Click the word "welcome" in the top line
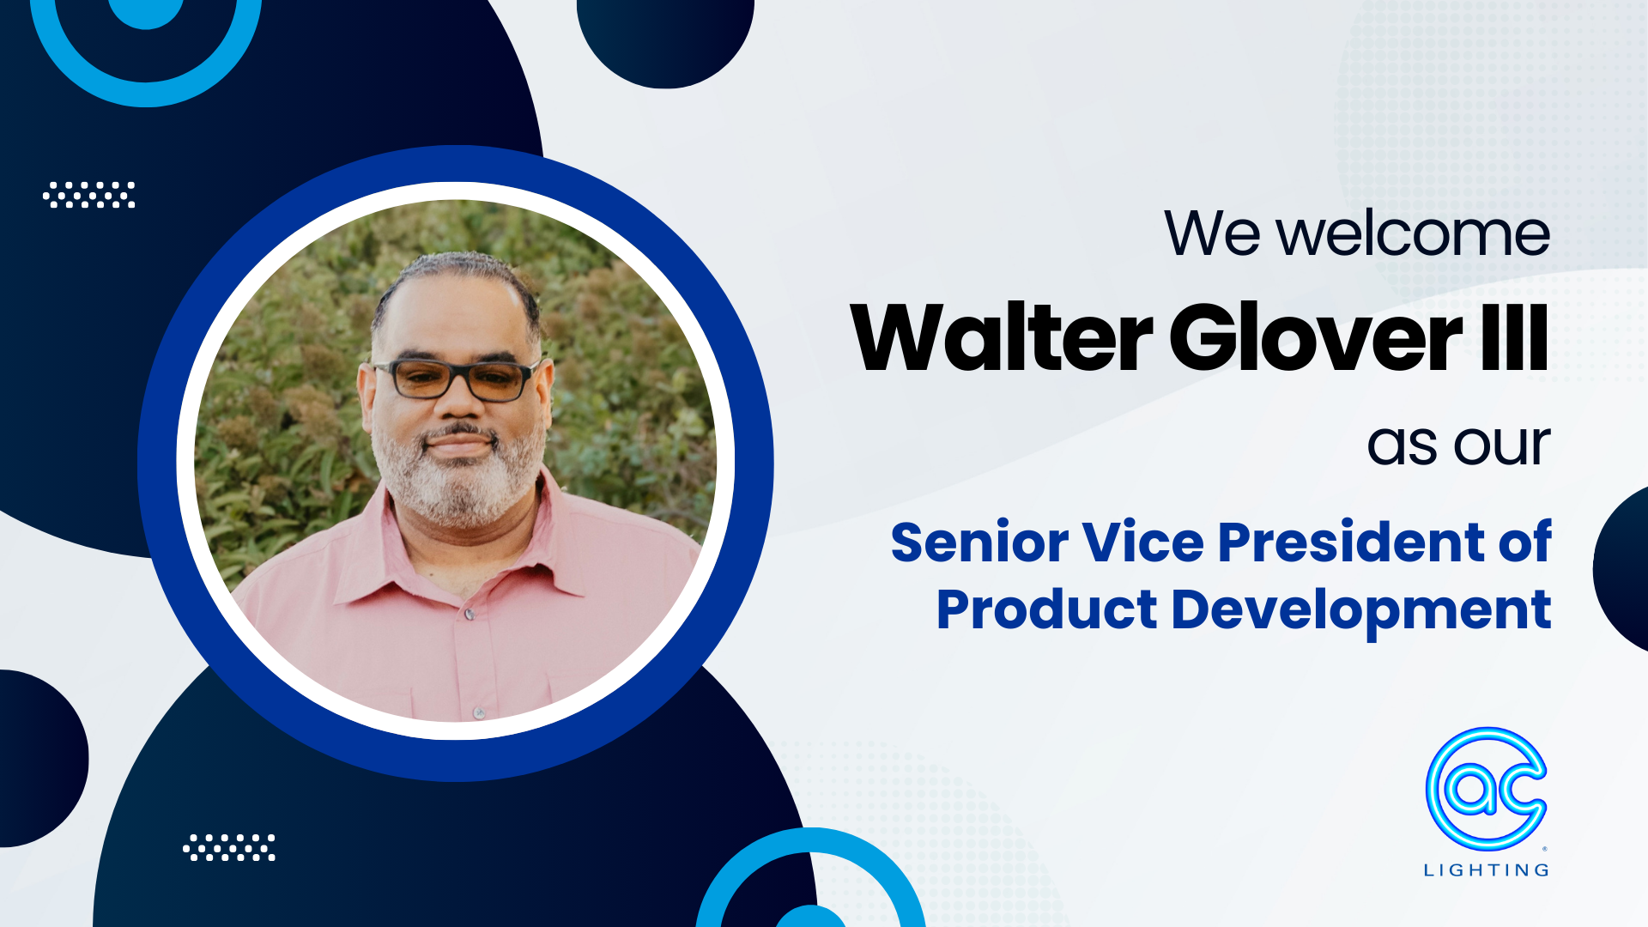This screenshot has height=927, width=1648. [1413, 233]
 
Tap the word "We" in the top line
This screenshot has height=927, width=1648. [1211, 233]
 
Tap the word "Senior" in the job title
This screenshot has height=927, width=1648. [978, 542]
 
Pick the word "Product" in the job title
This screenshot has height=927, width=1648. [1046, 610]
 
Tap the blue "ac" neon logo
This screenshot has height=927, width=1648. [1486, 788]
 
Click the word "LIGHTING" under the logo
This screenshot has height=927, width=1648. [1486, 870]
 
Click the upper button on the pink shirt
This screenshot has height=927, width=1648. [470, 615]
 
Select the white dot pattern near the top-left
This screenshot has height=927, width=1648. [89, 195]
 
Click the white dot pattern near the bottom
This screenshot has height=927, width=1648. [229, 847]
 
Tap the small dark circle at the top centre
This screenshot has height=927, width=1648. [665, 39]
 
